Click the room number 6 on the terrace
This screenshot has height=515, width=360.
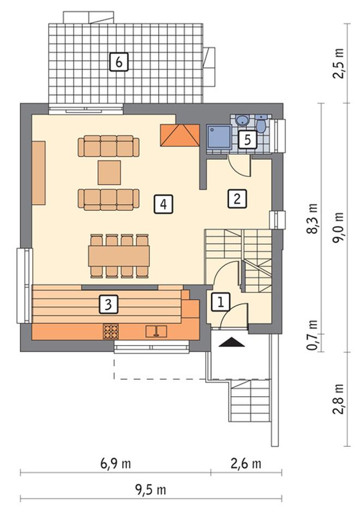[x=118, y=62]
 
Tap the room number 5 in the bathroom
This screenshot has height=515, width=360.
[x=248, y=140]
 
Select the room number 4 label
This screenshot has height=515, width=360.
[x=164, y=204]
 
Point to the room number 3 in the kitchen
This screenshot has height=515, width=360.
[x=109, y=304]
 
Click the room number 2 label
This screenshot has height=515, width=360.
[x=237, y=198]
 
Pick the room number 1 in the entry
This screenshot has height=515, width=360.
[x=220, y=301]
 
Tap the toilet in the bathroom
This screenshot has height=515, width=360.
[x=261, y=124]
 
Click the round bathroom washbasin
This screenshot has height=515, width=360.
[x=243, y=120]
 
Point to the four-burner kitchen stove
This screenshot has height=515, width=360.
[x=111, y=331]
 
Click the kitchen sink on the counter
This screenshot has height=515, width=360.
[x=156, y=331]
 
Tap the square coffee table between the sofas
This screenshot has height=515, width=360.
[x=109, y=172]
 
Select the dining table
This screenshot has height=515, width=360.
[x=119, y=256]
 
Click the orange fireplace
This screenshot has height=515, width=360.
[x=180, y=135]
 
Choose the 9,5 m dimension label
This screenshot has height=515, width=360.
[x=151, y=490]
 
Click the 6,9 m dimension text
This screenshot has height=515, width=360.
[x=115, y=464]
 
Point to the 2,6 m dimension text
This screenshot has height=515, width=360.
[x=246, y=464]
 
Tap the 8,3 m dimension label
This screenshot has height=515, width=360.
[x=312, y=219]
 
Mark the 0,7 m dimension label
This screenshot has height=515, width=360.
[x=312, y=335]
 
